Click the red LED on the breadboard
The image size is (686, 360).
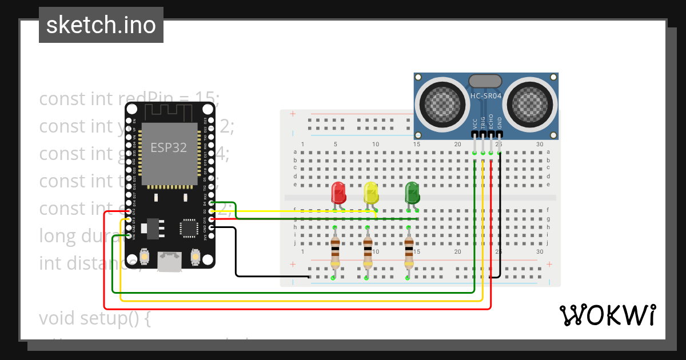point(338,193)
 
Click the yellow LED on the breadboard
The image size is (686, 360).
point(371,193)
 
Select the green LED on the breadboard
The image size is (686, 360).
point(412,193)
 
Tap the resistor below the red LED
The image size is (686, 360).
point(334,250)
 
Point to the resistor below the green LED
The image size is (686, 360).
point(408,250)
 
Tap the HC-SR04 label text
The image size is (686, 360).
point(486,96)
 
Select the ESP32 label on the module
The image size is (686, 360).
point(168,147)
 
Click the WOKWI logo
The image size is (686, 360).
point(607,315)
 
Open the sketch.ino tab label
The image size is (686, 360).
point(101,25)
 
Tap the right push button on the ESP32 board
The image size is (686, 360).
point(195,257)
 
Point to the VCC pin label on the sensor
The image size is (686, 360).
point(475,124)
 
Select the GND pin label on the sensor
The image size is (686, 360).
point(499,123)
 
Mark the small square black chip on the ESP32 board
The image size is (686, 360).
point(189,227)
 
